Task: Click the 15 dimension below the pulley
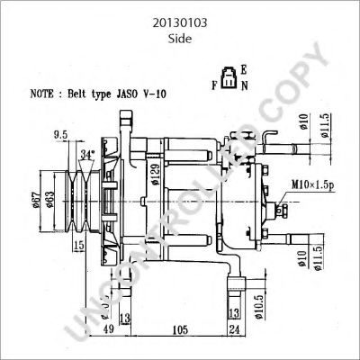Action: coord(79,245)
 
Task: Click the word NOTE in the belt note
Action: coord(44,93)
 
